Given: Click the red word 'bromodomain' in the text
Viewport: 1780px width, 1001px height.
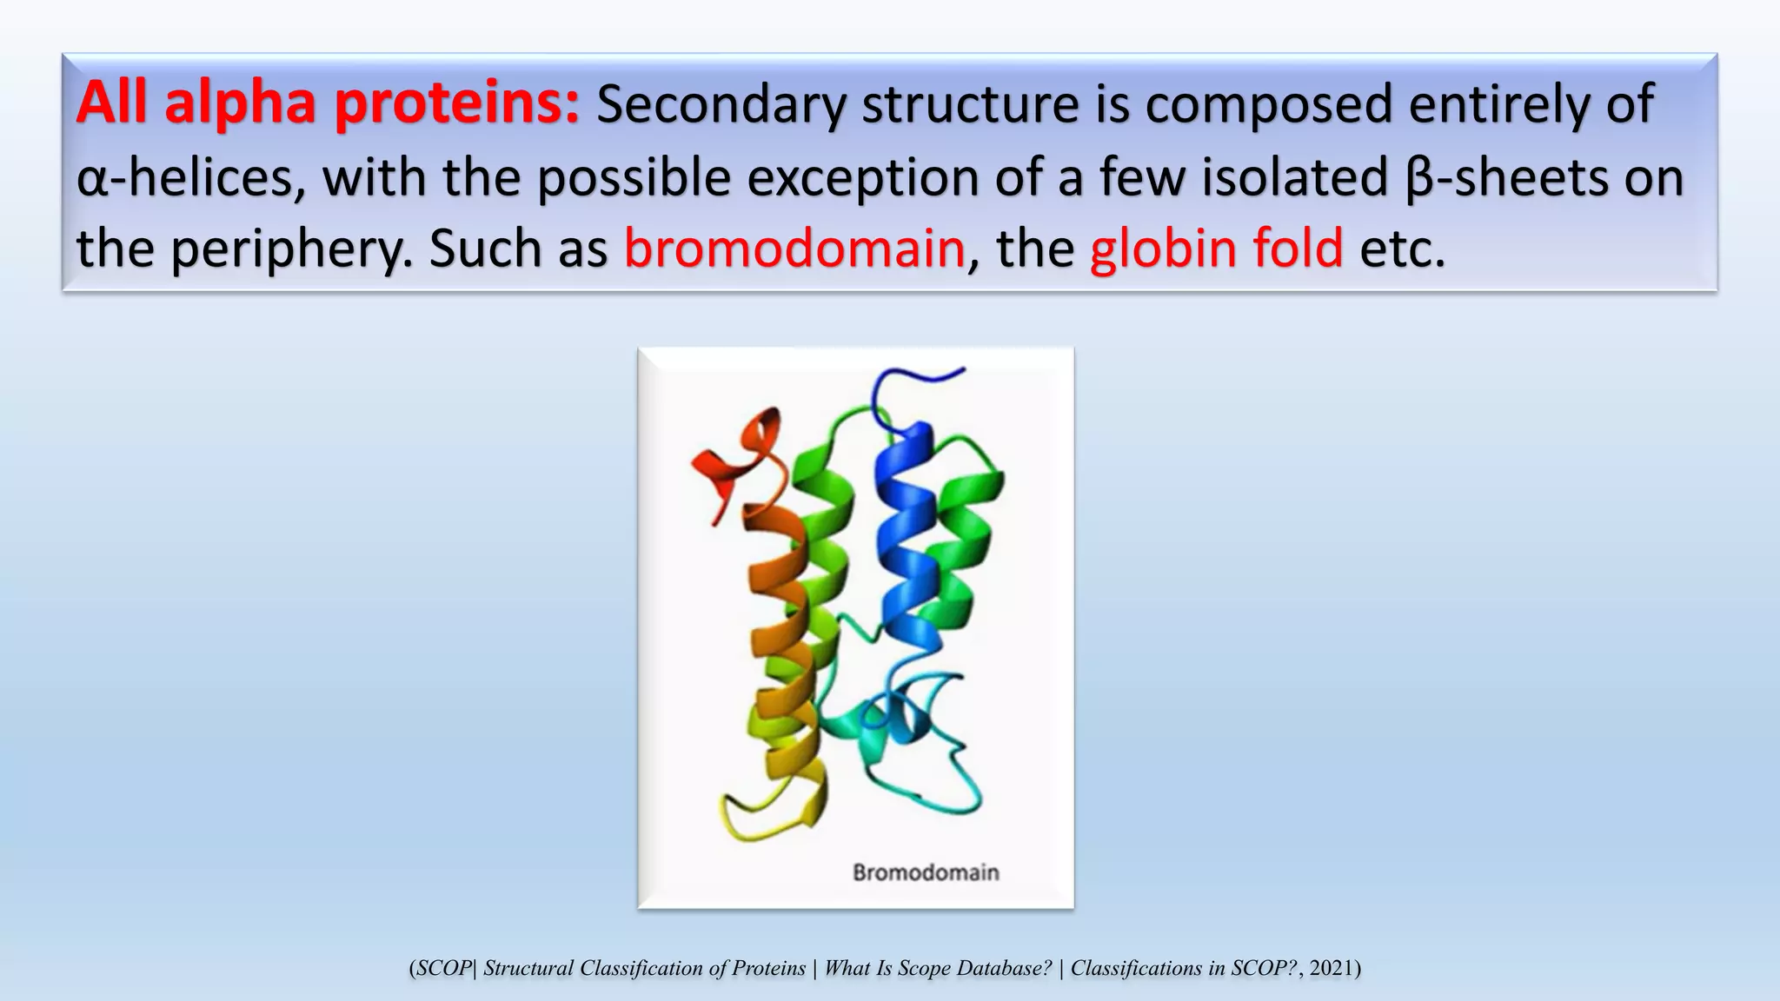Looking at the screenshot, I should pyautogui.click(x=794, y=249).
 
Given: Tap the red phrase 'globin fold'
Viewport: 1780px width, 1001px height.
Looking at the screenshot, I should pyautogui.click(x=1216, y=249).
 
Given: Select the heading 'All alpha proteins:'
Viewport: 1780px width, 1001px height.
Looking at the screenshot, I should pyautogui.click(x=328, y=103).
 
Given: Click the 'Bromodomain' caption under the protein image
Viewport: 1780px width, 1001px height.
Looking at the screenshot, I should pyautogui.click(x=926, y=872).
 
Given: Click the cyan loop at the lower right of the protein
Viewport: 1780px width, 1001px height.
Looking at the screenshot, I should pyautogui.click(x=947, y=782).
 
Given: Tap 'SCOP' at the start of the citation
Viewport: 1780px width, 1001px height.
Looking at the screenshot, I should pyautogui.click(x=442, y=968).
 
